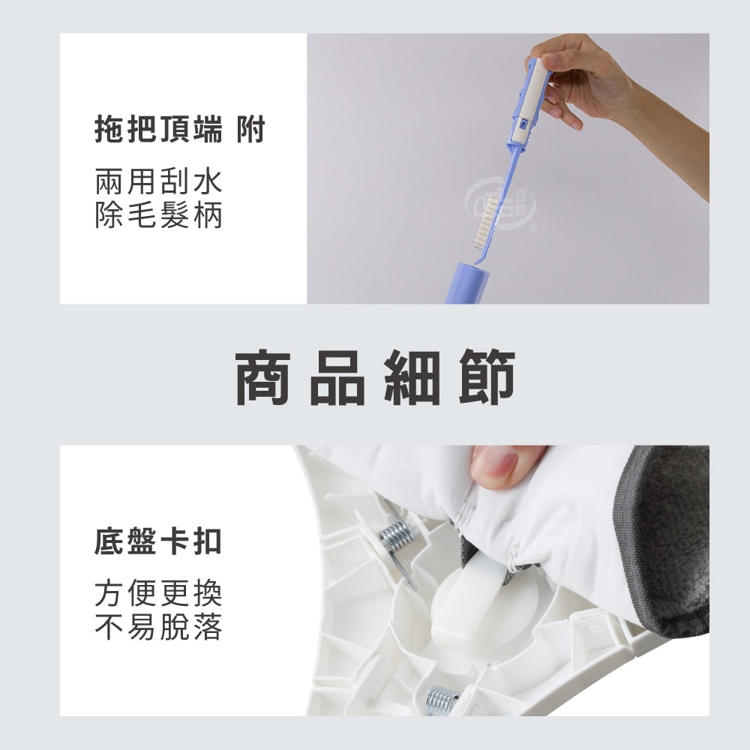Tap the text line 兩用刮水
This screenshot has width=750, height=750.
pos(158,182)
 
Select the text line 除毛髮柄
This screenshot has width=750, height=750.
pos(158,216)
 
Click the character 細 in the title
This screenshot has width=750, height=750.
pos(412,377)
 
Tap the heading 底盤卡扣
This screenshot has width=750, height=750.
pos(158,541)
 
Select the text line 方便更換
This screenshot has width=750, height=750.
pos(158,594)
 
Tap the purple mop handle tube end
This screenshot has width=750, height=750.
pos(466,283)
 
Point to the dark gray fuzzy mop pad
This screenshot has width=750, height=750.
pos(671,540)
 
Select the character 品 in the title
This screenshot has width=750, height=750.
pos(338,377)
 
